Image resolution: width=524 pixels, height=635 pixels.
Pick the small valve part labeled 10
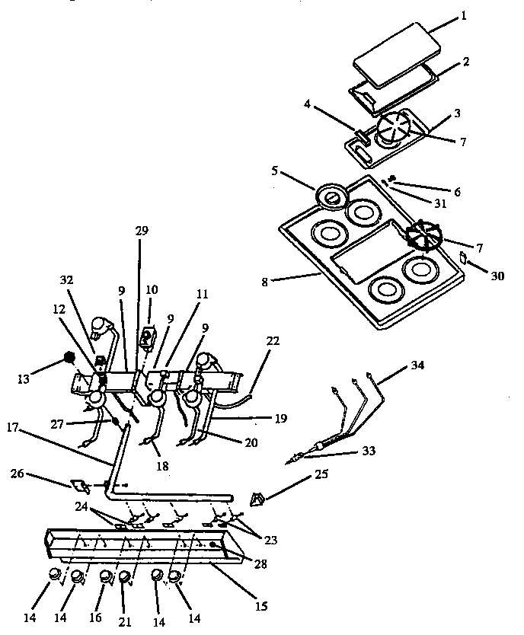(x=149, y=336)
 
